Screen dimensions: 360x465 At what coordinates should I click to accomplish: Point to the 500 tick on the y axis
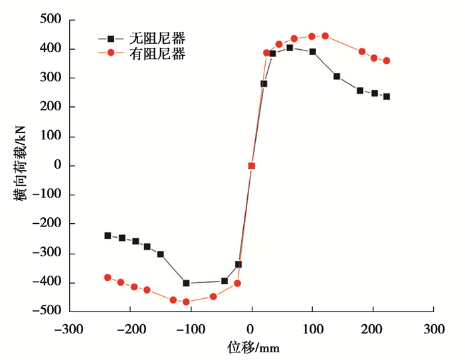point(50,20)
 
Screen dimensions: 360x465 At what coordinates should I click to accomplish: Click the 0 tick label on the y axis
point(57,165)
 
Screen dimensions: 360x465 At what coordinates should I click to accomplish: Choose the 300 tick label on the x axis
point(434,329)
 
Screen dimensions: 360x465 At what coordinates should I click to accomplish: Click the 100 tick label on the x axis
point(312,329)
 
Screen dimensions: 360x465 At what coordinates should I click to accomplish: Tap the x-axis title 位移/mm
point(250,346)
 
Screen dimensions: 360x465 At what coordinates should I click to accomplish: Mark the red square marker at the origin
point(251,166)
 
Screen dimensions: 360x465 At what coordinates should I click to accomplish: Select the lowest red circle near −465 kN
point(186,302)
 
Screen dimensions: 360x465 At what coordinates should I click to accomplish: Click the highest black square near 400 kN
point(290,48)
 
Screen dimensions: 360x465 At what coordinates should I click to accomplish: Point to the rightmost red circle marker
point(387,60)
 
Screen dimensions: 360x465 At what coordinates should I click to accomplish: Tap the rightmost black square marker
point(387,96)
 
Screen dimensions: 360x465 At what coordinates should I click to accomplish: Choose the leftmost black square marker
point(108,236)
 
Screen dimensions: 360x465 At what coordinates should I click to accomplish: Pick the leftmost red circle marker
point(108,278)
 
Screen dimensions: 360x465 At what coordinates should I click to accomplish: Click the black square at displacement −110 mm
point(186,283)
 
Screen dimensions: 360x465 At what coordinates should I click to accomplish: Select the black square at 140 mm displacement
point(337,76)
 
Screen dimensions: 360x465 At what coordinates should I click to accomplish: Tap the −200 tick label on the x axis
point(129,329)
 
